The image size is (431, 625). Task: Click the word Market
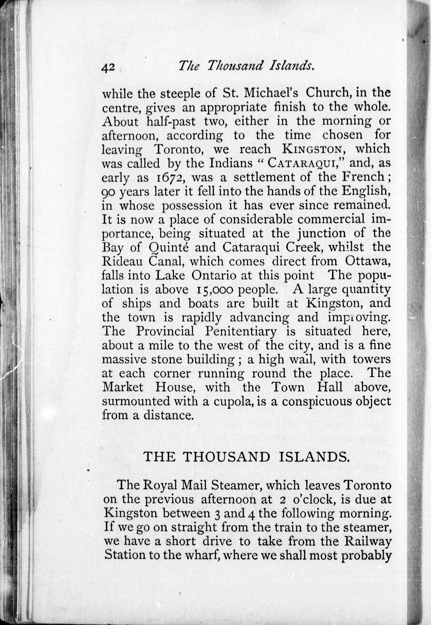123,388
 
